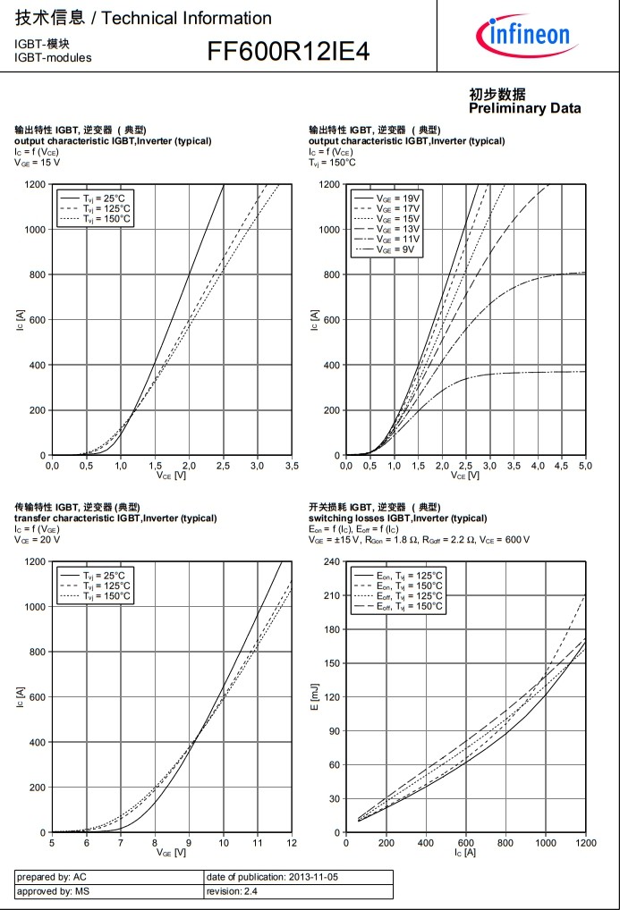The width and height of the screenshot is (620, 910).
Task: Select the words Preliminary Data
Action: tap(524, 108)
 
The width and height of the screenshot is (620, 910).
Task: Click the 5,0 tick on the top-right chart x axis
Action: tap(585, 466)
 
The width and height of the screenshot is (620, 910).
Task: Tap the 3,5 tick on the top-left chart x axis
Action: tap(292, 466)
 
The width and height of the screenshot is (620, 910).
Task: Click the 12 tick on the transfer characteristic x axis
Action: tap(292, 843)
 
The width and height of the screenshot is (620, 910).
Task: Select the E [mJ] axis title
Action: tap(314, 696)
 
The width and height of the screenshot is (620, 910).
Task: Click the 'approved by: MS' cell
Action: tap(53, 891)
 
